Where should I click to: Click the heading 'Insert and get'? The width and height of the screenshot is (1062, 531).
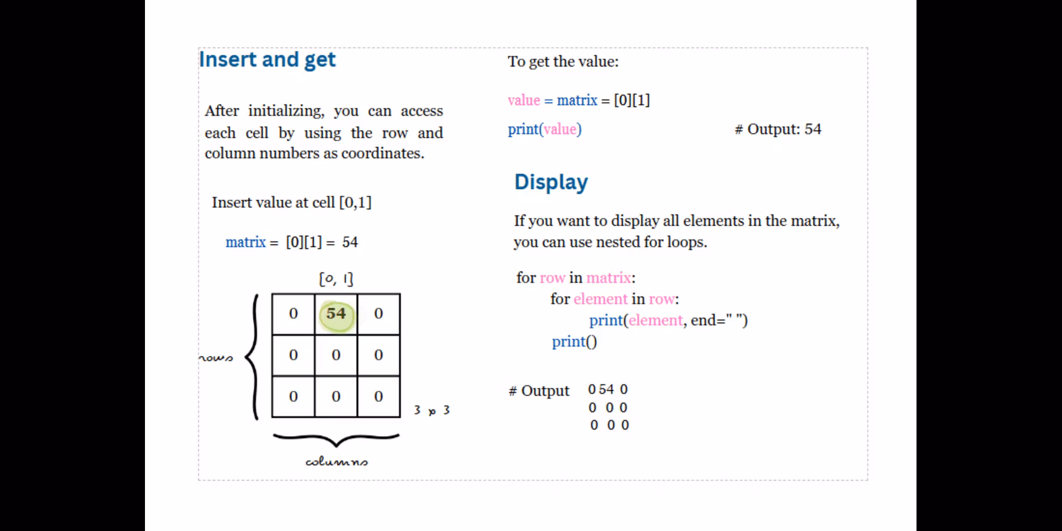point(267,59)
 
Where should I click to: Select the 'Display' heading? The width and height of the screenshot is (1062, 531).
point(551,182)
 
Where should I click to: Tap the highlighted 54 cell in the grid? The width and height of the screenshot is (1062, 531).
point(336,314)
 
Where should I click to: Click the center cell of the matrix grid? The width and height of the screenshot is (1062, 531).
point(336,355)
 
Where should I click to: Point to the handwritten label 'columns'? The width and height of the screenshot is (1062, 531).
point(337,461)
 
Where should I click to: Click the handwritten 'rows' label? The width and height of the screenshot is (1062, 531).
point(216,358)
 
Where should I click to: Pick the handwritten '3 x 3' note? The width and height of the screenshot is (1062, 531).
point(432,410)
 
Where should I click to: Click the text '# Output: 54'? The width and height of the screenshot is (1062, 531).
point(778,129)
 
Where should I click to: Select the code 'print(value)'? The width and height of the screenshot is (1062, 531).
point(545,129)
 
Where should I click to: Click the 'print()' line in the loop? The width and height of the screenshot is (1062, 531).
point(574,341)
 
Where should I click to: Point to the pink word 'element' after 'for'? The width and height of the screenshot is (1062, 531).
point(601,299)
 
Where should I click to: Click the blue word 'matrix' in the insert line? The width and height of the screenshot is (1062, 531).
point(245,242)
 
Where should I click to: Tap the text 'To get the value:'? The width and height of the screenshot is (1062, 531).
point(563,62)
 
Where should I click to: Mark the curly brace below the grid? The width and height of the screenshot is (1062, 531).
point(336,440)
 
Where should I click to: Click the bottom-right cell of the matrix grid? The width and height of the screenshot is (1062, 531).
point(379,397)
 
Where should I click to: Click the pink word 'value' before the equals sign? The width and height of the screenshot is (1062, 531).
point(524,100)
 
